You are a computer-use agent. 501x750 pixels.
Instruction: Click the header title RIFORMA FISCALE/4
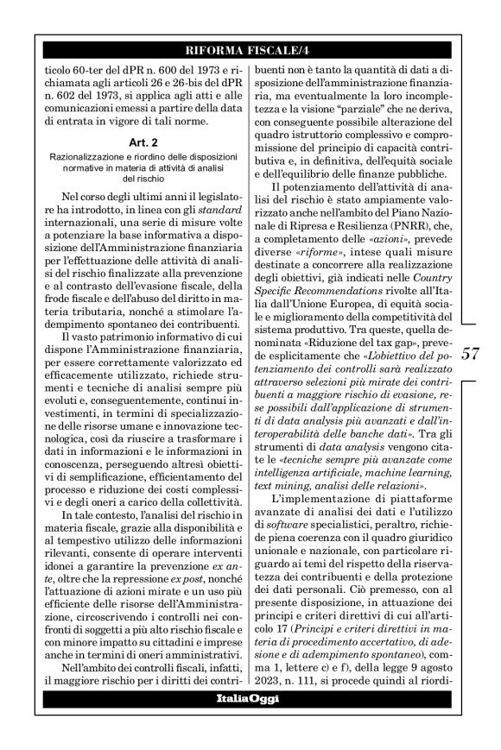250,49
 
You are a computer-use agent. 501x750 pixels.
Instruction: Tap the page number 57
472,353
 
